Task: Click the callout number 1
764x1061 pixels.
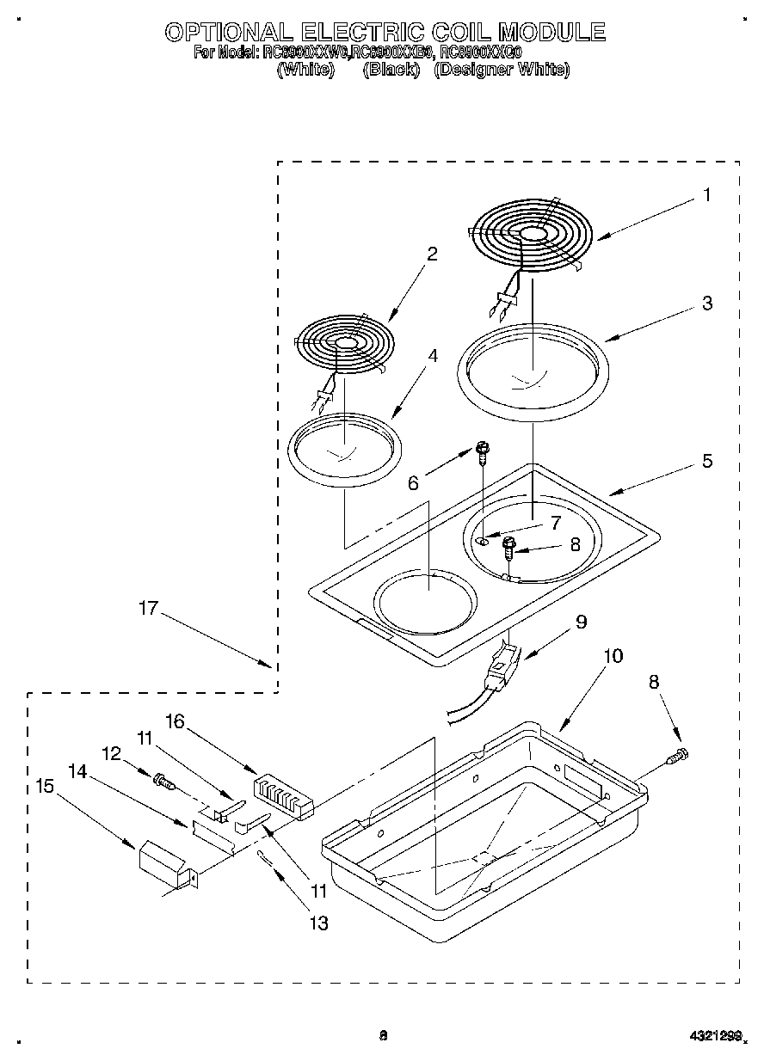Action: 706,195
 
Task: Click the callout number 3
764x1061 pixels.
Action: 706,303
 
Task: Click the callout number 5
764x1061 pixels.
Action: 706,461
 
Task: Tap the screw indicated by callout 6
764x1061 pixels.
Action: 482,448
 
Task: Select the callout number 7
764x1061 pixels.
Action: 556,523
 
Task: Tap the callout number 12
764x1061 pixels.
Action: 113,754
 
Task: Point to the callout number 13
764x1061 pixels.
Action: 318,923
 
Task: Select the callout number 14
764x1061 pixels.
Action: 77,772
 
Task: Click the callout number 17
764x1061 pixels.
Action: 148,608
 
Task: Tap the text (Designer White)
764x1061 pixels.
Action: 502,70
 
